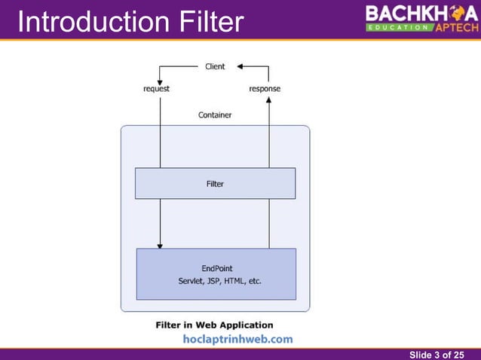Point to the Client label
tap(215, 66)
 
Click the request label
tap(157, 89)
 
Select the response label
tap(265, 89)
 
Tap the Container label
tap(215, 115)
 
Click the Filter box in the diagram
tap(215, 183)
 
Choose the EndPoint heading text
tap(216, 268)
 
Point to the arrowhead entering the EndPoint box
tap(160, 245)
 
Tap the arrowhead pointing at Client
tap(240, 66)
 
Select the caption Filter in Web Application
tap(214, 325)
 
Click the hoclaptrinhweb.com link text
tap(237, 340)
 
